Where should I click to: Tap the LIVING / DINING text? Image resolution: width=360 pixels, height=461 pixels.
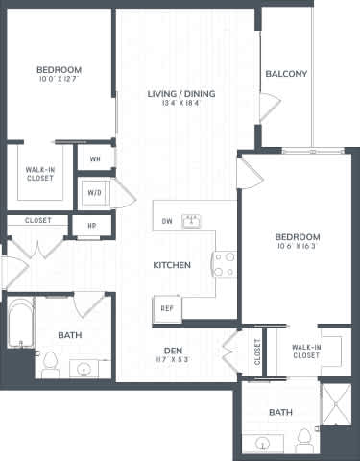(180, 94)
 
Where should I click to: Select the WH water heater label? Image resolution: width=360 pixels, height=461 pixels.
(95, 158)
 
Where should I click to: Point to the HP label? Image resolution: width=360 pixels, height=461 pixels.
(91, 227)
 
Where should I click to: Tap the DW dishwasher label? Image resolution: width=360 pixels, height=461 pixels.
(166, 219)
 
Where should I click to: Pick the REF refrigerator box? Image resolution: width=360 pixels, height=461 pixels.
(165, 308)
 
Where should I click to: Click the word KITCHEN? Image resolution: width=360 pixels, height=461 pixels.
(173, 265)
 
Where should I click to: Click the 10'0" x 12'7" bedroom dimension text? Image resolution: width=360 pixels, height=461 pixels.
(59, 81)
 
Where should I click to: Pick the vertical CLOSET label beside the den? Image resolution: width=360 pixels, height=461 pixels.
(256, 352)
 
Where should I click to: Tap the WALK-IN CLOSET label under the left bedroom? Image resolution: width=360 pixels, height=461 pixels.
(39, 173)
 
